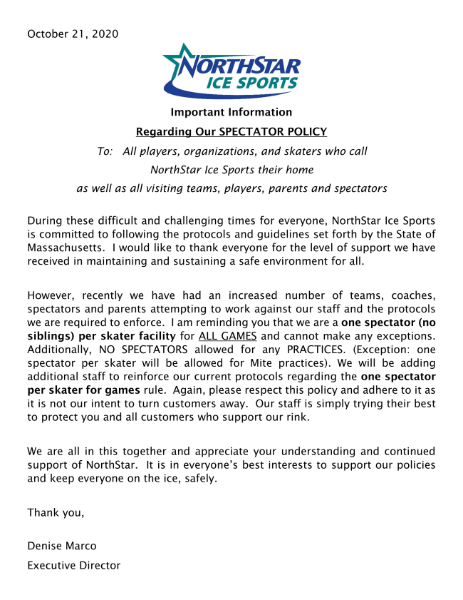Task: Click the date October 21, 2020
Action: (x=73, y=34)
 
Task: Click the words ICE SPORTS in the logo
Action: (x=251, y=83)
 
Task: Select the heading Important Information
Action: (x=231, y=112)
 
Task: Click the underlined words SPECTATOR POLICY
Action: (x=273, y=131)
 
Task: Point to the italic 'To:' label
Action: (x=105, y=151)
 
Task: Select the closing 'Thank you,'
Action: (x=56, y=512)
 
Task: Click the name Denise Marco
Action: (x=61, y=546)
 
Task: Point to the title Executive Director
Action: (x=73, y=566)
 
